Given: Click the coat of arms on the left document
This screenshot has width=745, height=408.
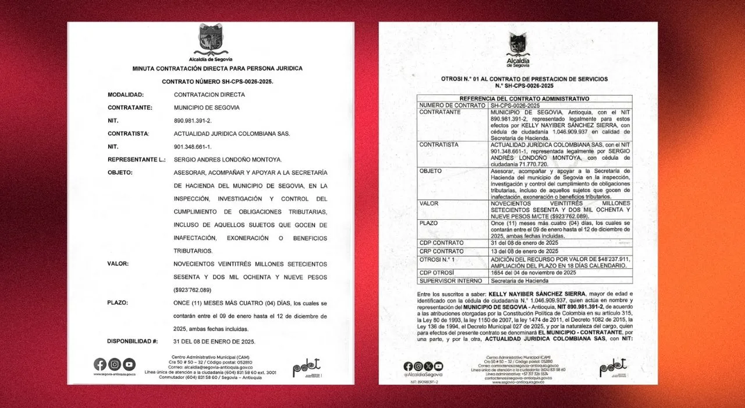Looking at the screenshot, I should pyautogui.click(x=211, y=40).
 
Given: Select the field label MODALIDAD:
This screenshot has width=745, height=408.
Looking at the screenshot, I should pyautogui.click(x=126, y=94).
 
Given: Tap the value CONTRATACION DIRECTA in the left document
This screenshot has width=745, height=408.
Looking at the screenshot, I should pyautogui.click(x=210, y=94).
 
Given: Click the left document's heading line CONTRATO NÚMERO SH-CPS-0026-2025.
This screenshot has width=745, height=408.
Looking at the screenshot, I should pyautogui.click(x=217, y=82).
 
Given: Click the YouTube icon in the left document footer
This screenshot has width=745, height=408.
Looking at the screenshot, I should pyautogui.click(x=129, y=364).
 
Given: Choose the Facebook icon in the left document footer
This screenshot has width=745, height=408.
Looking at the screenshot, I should pyautogui.click(x=100, y=364).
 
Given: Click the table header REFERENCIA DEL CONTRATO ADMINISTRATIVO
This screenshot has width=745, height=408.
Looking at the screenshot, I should pyautogui.click(x=524, y=99).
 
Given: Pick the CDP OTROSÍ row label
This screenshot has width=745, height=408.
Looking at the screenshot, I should pyautogui.click(x=438, y=273).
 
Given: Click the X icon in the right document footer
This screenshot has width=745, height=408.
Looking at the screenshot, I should pyautogui.click(x=428, y=366).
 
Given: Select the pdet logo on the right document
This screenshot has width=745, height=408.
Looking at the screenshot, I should pyautogui.click(x=613, y=367).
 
